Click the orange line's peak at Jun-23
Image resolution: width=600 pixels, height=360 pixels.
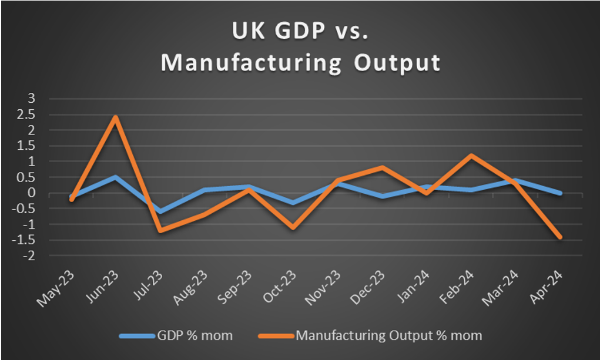tap(116, 117)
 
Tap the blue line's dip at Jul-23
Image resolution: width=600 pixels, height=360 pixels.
tap(160, 211)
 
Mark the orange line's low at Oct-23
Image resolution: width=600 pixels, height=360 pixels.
tap(293, 227)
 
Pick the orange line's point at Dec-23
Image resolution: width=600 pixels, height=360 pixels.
tap(382, 167)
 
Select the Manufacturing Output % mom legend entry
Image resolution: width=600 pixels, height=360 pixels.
tap(388, 335)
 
